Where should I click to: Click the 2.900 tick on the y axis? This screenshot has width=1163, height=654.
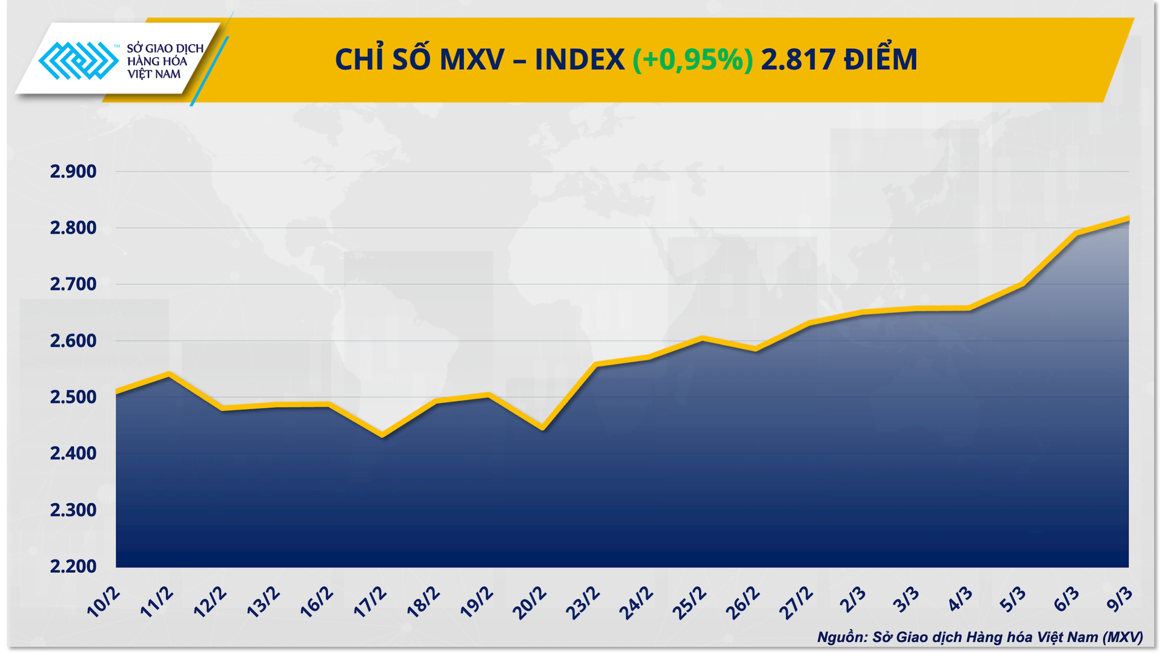coord(73,172)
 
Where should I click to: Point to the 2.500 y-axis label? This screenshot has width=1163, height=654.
coord(73,397)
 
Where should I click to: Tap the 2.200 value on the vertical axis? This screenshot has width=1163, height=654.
coord(73,567)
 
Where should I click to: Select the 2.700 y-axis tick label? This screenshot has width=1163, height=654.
coord(73,284)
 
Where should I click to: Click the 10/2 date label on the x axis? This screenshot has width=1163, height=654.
coord(104,602)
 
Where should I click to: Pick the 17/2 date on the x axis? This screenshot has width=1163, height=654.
coord(370,602)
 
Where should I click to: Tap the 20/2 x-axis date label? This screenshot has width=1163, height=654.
coord(529,602)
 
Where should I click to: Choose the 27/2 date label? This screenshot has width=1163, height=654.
coord(796,602)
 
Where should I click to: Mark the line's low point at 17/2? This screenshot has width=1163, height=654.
coord(382,435)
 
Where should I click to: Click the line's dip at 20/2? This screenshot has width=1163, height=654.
coord(542,429)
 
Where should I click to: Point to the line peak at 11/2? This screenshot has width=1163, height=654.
coord(169,374)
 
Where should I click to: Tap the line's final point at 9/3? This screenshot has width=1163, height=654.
coord(1128,219)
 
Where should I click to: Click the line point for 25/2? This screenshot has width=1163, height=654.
coord(702,339)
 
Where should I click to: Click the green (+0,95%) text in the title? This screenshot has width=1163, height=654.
coord(692,59)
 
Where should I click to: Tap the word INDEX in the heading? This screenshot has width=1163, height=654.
coord(579,59)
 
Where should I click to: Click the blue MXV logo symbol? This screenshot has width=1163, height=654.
coord(78,61)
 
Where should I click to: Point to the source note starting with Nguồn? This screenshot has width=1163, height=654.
coord(979,637)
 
